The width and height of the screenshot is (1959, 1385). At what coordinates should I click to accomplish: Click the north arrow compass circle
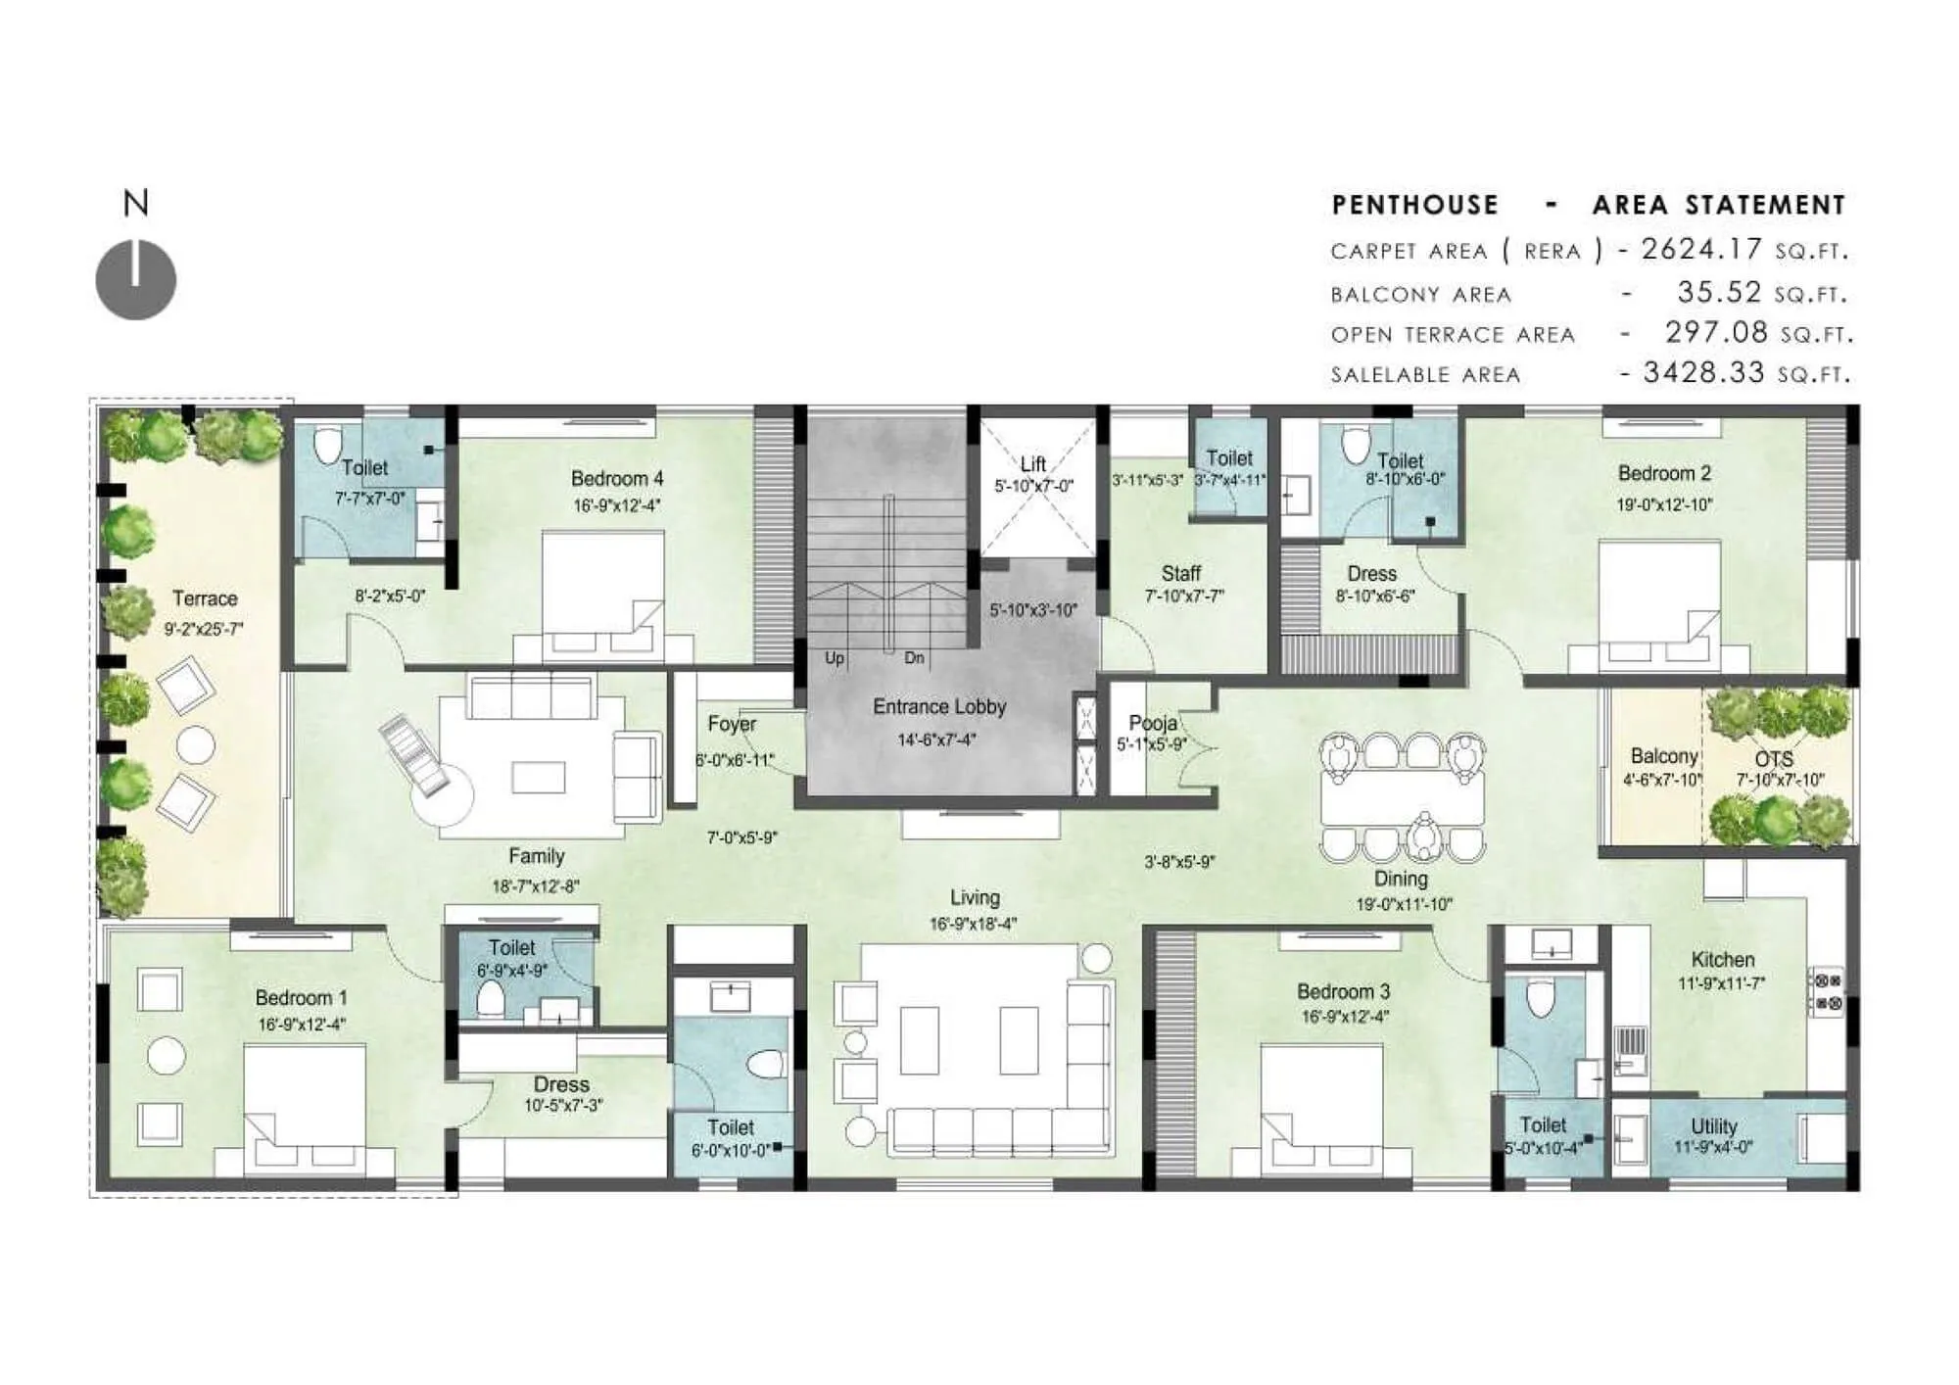click(x=136, y=280)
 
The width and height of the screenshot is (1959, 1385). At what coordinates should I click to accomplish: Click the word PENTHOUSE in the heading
click(x=1414, y=205)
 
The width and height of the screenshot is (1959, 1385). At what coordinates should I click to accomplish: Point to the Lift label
click(x=1032, y=463)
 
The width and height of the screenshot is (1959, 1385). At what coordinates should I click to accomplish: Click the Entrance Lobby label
click(x=939, y=706)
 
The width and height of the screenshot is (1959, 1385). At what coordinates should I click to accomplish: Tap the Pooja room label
click(x=1152, y=723)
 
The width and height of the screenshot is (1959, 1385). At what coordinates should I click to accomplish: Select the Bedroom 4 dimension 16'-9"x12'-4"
click(x=617, y=505)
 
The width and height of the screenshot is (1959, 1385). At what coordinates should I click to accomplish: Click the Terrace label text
click(x=205, y=598)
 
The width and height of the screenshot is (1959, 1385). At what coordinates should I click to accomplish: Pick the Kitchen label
click(x=1722, y=960)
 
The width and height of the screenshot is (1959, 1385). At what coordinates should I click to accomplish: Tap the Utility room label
click(x=1713, y=1126)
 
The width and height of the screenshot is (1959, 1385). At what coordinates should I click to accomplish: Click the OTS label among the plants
click(x=1774, y=759)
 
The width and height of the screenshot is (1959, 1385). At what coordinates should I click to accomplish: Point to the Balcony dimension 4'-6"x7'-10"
click(x=1662, y=780)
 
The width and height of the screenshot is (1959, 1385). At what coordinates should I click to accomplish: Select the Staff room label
click(x=1180, y=573)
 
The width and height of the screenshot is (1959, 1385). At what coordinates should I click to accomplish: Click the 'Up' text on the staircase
click(x=835, y=658)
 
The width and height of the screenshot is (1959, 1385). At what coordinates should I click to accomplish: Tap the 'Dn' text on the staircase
click(x=914, y=658)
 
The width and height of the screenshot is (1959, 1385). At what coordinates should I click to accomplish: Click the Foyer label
click(x=732, y=724)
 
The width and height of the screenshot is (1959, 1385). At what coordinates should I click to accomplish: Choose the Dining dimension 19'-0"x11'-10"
click(x=1404, y=904)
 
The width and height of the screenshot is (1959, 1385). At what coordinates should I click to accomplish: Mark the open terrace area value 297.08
click(x=1716, y=333)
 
